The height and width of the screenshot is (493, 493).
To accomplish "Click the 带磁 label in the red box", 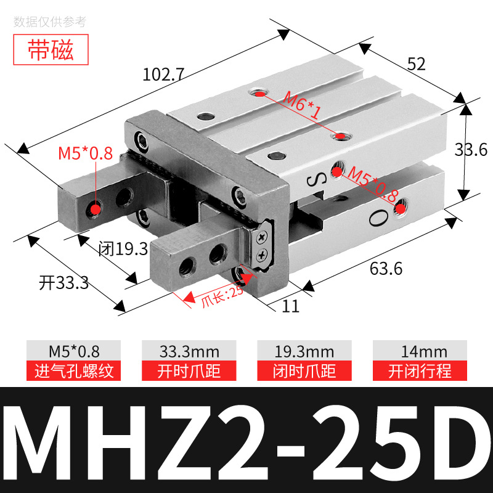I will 51,51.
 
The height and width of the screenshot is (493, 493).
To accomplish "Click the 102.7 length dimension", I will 163,75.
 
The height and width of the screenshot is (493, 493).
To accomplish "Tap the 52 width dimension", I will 416,63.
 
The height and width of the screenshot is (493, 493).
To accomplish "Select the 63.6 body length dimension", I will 386,269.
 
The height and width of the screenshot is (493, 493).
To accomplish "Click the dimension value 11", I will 291,306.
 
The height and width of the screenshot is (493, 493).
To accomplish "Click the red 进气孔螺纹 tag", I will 73,371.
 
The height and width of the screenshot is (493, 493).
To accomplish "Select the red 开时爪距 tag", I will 189,371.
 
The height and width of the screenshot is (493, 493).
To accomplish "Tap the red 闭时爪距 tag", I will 304,371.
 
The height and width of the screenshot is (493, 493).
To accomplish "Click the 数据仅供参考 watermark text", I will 51,22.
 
